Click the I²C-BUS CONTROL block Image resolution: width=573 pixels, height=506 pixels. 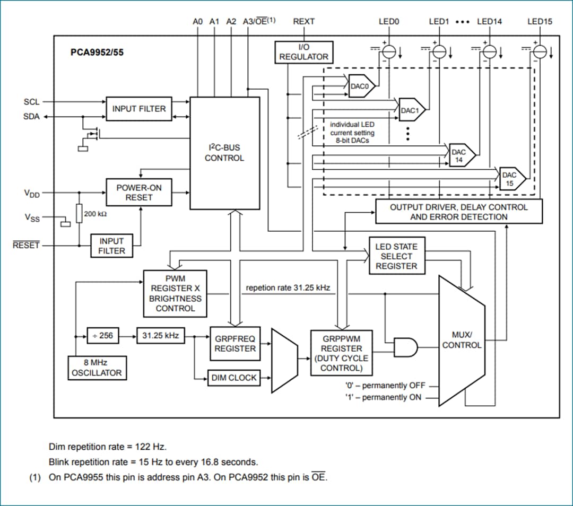tap(224, 153)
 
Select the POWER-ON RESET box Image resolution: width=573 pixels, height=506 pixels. tap(139, 193)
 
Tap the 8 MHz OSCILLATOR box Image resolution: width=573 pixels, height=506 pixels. tap(97, 368)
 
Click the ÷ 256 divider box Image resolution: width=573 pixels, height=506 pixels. tap(103, 336)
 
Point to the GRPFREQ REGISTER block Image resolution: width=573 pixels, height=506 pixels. tap(235, 344)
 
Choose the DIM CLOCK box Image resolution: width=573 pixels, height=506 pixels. tap(233, 378)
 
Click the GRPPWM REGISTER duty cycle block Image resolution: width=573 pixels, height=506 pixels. tap(341, 353)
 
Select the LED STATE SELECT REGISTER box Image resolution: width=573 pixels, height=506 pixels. tap(396, 256)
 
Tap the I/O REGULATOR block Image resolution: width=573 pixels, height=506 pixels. tap(303, 52)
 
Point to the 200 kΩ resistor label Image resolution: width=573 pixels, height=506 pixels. tap(95, 214)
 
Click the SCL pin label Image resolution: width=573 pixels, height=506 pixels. tap(31, 102)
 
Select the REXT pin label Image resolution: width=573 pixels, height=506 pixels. tap(303, 22)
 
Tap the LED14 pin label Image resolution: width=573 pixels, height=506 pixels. tap(489, 22)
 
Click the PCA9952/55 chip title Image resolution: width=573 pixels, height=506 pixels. tap(97, 53)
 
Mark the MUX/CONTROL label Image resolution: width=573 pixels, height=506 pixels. tap(462, 340)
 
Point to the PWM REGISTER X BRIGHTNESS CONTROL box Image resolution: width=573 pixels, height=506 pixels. tap(175, 293)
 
